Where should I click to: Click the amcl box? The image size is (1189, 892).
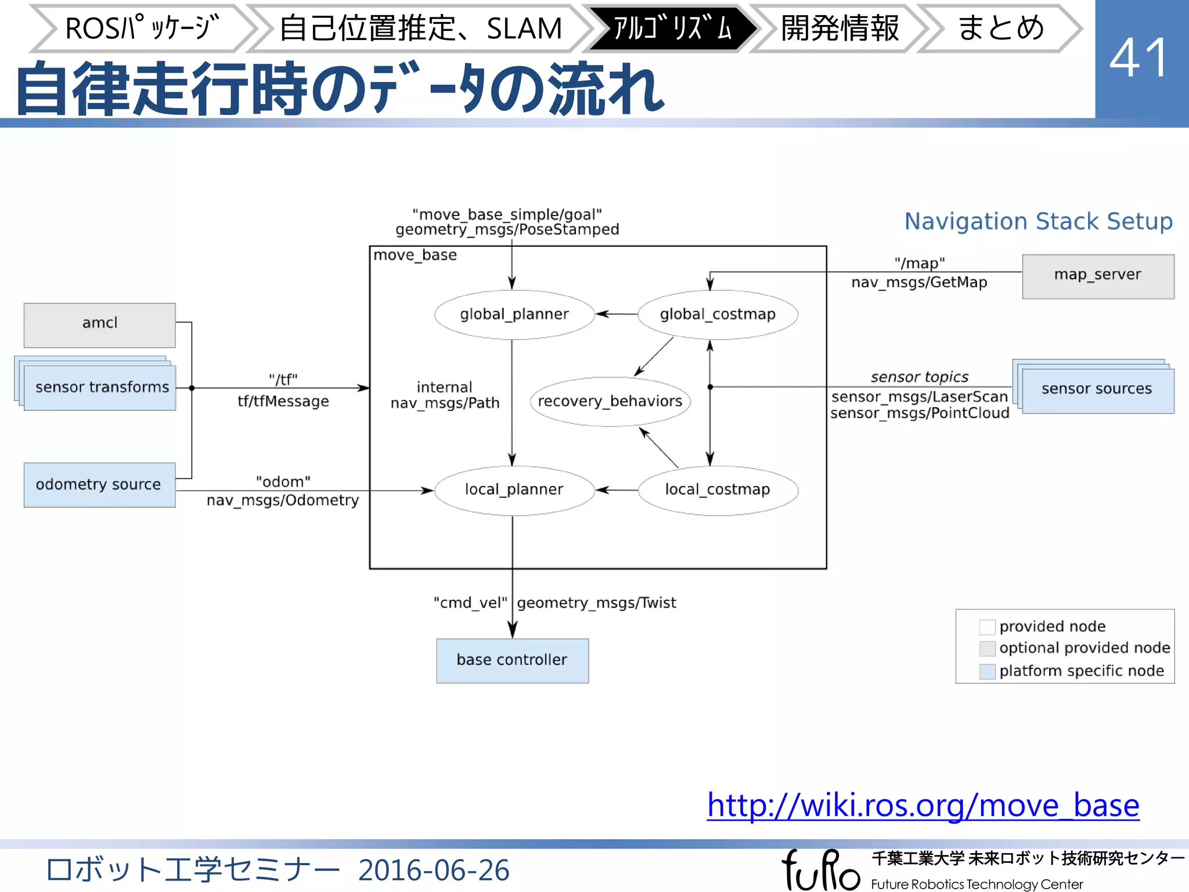pyautogui.click(x=99, y=325)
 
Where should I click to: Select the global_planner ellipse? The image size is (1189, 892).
pyautogui.click(x=514, y=314)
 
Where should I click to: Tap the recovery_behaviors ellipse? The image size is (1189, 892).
pyautogui.click(x=610, y=401)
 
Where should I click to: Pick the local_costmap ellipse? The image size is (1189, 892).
pyautogui.click(x=718, y=490)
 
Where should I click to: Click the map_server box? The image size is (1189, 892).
pyautogui.click(x=1097, y=276)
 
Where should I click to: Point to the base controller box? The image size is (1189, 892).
pyautogui.click(x=512, y=660)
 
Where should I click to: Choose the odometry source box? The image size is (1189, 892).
pyautogui.click(x=99, y=484)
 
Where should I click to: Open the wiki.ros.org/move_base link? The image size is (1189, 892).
pyautogui.click(x=923, y=805)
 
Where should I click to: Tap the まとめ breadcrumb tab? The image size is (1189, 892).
pyautogui.click(x=1000, y=28)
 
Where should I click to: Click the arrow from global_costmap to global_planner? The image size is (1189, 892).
pyautogui.click(x=617, y=314)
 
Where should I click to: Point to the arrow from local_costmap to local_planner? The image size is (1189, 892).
pyautogui.click(x=617, y=490)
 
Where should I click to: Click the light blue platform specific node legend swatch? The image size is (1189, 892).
pyautogui.click(x=987, y=671)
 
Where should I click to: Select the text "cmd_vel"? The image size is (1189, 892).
pyautogui.click(x=470, y=603)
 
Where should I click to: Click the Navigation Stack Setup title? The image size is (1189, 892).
pyautogui.click(x=1038, y=221)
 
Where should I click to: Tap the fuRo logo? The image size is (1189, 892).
pyautogui.click(x=820, y=869)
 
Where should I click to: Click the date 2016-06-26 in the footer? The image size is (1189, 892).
pyautogui.click(x=434, y=870)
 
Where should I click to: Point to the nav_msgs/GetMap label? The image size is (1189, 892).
pyautogui.click(x=919, y=283)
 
